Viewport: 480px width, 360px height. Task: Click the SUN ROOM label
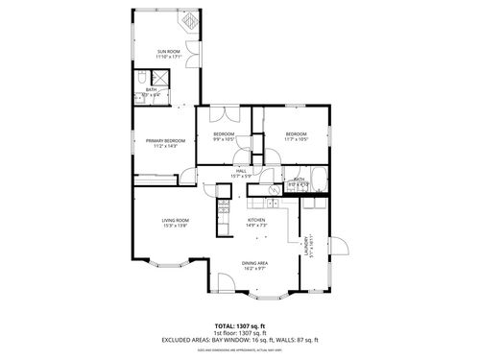(170, 51)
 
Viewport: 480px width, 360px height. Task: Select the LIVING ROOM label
(175, 221)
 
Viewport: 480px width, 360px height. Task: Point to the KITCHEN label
(256, 220)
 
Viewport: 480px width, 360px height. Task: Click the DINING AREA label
(254, 263)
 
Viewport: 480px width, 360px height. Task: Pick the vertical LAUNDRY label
(306, 245)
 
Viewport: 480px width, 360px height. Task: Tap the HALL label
(241, 171)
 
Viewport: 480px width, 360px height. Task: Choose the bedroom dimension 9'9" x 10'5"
(224, 139)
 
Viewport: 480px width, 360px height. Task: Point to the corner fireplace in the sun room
(190, 20)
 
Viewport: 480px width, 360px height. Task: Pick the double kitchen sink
(278, 204)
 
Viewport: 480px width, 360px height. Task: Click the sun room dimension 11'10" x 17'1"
(170, 57)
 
